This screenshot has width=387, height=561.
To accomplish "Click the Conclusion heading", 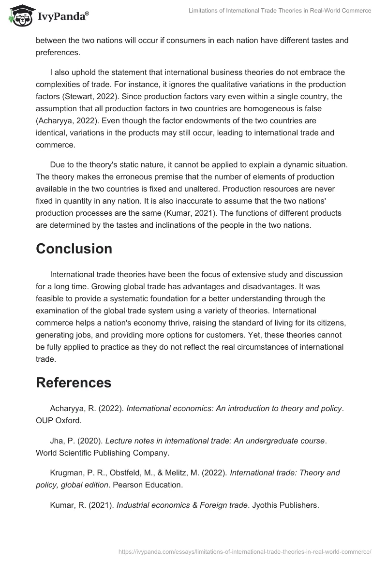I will [x=74, y=249].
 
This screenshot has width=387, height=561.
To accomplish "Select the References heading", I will [x=74, y=383].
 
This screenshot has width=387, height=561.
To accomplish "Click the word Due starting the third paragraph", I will [x=57, y=164].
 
